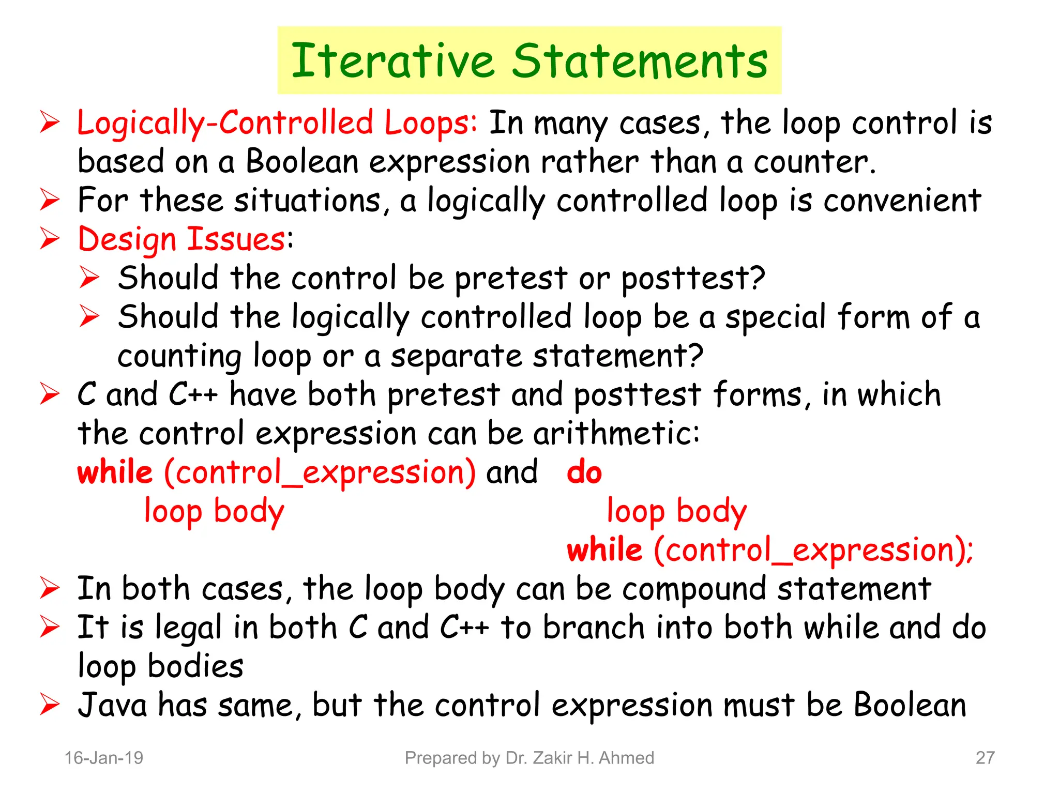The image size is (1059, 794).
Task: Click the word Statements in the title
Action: [640, 61]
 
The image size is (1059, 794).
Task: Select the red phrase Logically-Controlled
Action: [225, 123]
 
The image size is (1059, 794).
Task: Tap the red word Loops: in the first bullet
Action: [431, 124]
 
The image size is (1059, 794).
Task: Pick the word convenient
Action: [902, 201]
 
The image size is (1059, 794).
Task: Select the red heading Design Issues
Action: [181, 239]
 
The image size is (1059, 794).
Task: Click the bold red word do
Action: [584, 472]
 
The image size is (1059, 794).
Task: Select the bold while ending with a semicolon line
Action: [604, 550]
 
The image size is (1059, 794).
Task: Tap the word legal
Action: [189, 629]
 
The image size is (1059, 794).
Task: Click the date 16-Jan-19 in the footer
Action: [104, 758]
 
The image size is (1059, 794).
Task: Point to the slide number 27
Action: [985, 758]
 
